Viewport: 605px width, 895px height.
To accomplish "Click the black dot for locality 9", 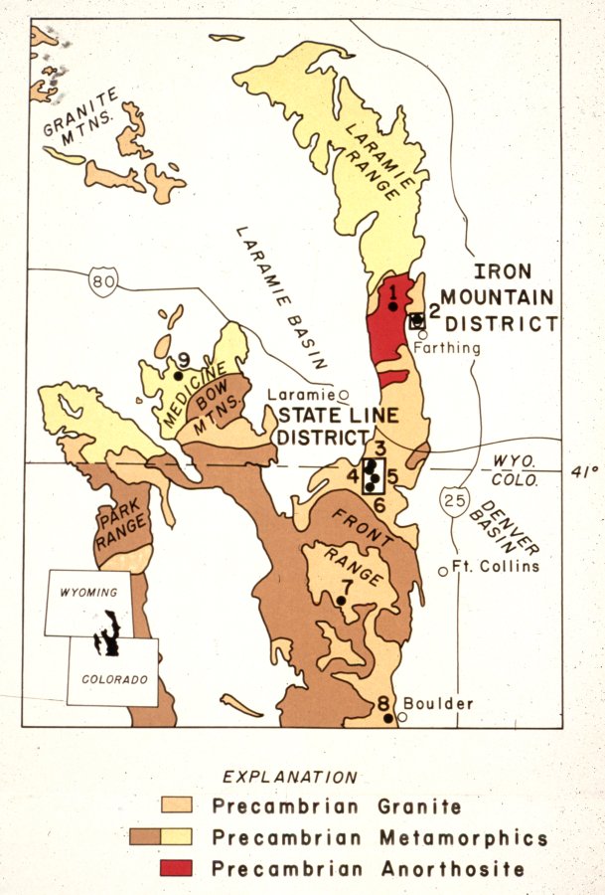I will (x=179, y=376).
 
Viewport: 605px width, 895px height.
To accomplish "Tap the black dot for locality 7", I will (x=341, y=601).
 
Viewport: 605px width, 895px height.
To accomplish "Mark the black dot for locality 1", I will (x=393, y=306).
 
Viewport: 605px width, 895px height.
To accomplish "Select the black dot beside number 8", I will (x=387, y=718).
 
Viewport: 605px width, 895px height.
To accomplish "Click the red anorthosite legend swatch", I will (x=177, y=868).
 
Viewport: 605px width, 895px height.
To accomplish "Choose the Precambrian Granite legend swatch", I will (x=177, y=805).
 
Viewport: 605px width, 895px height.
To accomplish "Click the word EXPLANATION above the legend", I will (x=289, y=777).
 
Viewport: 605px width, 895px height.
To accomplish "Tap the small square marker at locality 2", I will (x=417, y=320).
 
